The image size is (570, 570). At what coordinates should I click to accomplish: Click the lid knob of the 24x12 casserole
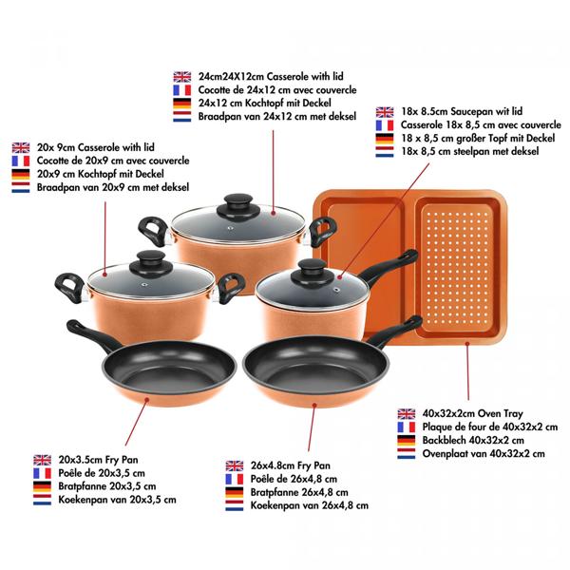point(238,206)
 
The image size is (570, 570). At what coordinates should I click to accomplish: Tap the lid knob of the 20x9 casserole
point(151,264)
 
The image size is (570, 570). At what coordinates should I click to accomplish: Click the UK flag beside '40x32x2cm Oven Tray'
point(406,413)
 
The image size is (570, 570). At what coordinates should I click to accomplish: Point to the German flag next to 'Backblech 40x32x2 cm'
point(406,440)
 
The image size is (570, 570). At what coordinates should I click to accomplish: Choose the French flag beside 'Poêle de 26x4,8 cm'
point(234,479)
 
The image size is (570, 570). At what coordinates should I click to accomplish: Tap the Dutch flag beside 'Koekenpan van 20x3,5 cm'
point(42,500)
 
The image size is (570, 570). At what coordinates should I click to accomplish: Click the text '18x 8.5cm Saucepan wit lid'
point(462,111)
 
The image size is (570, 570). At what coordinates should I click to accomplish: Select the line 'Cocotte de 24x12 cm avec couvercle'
point(277,90)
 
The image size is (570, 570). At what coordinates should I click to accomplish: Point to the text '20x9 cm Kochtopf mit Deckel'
point(101,174)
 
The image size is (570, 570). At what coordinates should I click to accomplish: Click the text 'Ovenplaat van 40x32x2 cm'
point(484,454)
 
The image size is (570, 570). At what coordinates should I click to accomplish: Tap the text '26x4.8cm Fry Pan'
point(291,465)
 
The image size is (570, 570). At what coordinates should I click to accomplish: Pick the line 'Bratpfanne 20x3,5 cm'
point(107,486)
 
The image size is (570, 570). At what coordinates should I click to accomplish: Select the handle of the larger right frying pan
point(396,332)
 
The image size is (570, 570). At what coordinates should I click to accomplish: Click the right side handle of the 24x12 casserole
point(322,232)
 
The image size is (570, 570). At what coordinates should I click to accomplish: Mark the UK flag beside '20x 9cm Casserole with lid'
point(21,147)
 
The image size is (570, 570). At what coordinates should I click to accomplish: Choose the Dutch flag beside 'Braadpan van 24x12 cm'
point(182,116)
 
